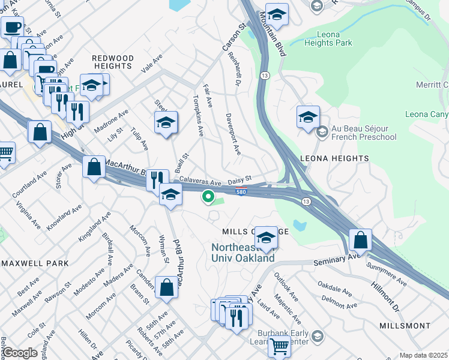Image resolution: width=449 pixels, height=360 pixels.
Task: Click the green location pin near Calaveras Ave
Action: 208,196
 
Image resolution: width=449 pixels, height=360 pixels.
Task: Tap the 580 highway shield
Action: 241,192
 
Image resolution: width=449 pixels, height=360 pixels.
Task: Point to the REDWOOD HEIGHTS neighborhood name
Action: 112,58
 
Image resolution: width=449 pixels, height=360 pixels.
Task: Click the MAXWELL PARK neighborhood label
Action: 34,263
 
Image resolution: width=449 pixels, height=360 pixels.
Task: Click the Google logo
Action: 20,353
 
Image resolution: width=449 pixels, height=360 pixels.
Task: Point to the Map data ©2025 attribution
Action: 424,355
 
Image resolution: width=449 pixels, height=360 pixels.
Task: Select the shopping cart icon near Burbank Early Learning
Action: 279,346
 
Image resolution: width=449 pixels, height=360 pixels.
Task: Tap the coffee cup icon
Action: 12,26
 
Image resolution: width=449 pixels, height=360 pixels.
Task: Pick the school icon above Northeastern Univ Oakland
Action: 266,237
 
